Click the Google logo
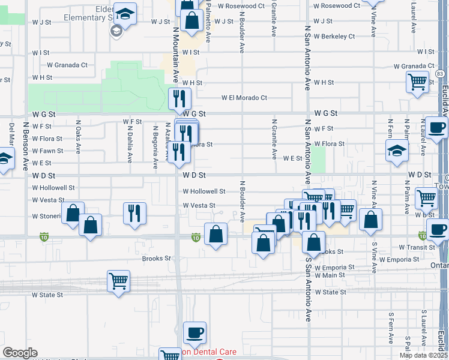19,353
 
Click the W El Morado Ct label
244,98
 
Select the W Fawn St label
47,151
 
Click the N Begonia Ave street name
155,143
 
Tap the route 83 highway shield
441,73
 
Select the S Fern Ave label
390,327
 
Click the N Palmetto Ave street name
208,23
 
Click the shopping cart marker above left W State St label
119,280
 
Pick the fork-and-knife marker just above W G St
179,98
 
